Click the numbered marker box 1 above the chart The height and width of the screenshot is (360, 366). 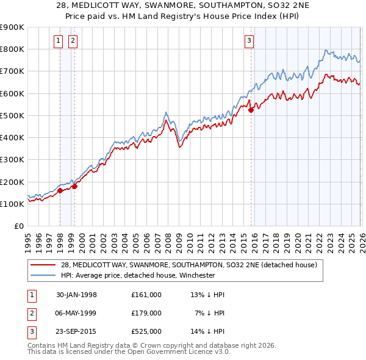(x=58, y=41)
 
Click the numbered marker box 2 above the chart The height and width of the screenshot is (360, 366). (x=73, y=41)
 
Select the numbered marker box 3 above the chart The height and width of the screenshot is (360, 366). (x=249, y=41)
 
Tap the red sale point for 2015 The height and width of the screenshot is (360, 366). (x=251, y=110)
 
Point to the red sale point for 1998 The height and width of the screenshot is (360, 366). (x=60, y=190)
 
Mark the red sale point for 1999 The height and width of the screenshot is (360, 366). (x=74, y=187)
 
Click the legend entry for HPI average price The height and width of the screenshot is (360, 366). (x=138, y=275)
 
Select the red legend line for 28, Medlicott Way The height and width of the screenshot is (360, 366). (x=43, y=265)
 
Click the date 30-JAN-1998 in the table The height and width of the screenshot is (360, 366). (x=76, y=295)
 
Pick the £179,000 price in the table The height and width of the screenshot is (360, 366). (x=146, y=312)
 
